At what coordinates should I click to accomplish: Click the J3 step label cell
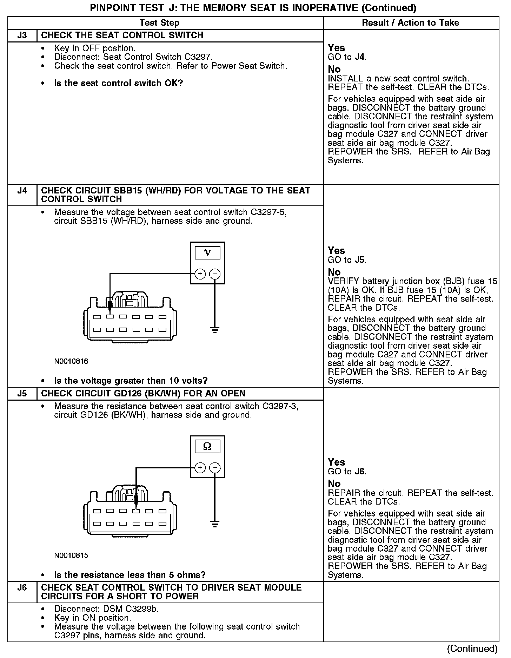coord(22,35)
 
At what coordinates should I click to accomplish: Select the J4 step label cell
coord(22,191)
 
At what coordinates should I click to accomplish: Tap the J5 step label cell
coord(22,394)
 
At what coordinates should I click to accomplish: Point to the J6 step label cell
coord(22,587)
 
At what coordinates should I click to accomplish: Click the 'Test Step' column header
coord(159,23)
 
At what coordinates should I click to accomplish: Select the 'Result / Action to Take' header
coord(410,23)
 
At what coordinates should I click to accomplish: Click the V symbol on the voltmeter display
coord(207,252)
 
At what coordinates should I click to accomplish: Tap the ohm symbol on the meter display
coord(207,447)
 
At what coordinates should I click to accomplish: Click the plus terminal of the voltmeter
coord(200,274)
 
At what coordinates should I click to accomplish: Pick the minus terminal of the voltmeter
coord(215,274)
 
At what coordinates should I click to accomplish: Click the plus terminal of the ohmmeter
coord(200,468)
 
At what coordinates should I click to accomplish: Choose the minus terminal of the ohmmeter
coord(215,468)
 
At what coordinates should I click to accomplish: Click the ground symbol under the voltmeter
coord(215,330)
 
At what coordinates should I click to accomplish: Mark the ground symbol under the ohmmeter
coord(215,524)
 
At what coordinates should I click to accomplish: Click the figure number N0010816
coord(71,361)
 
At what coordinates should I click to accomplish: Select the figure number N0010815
coord(71,555)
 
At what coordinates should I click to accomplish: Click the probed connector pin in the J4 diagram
coord(110,317)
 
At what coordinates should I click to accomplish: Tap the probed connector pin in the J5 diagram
coord(136,511)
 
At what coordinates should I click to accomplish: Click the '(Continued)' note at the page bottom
coord(472,649)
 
